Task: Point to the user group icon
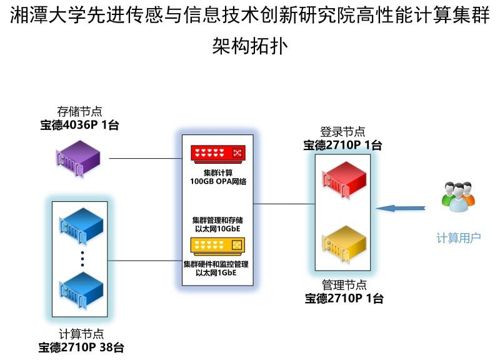(458, 198)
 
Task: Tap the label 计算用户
(458, 238)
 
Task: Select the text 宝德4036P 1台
(79, 126)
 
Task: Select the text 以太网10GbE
(217, 229)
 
